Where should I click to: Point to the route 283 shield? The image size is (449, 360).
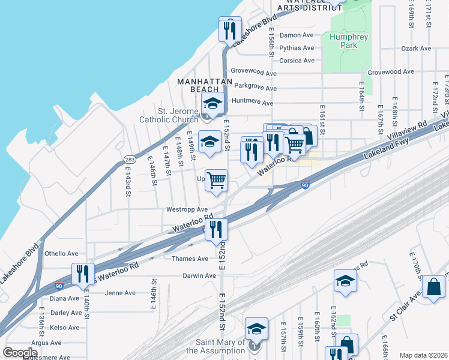click(x=129, y=160)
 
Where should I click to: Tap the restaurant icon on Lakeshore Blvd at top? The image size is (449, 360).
click(x=230, y=29)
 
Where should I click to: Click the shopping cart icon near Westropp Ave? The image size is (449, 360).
click(x=217, y=181)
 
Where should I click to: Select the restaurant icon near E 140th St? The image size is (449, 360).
click(x=83, y=274)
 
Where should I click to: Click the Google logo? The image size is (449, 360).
click(x=20, y=352)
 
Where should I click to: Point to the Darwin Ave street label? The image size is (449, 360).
click(x=200, y=276)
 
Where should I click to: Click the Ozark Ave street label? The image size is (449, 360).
click(x=417, y=48)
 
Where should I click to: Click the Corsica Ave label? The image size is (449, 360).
click(x=297, y=61)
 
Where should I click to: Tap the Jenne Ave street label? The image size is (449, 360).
click(x=120, y=293)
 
